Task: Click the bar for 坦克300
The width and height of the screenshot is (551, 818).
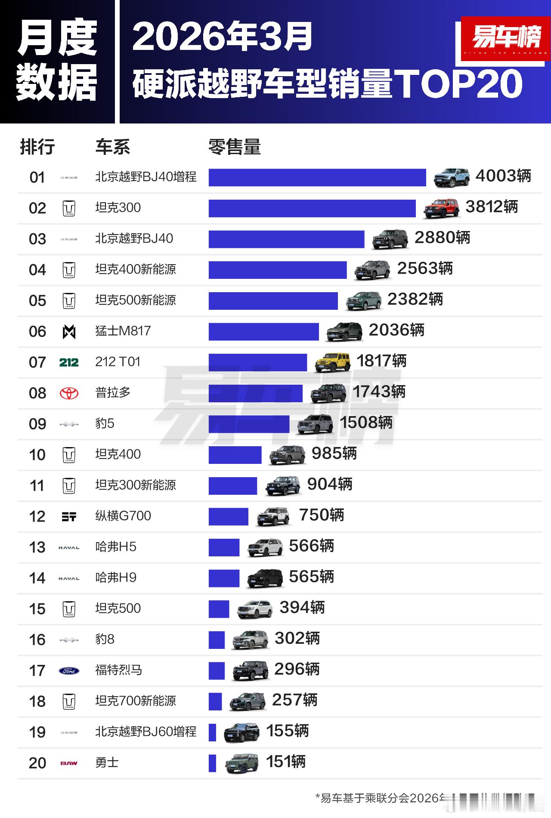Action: [x=312, y=208]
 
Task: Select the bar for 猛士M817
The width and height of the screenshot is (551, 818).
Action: [x=263, y=332]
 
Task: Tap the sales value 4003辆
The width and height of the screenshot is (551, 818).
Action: [x=503, y=176]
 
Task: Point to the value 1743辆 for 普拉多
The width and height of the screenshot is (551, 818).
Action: [x=379, y=392]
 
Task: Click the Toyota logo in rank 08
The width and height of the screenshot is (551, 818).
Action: [x=69, y=393]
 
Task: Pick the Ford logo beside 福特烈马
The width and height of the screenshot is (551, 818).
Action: [x=69, y=670]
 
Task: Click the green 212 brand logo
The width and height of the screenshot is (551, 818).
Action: [x=69, y=362]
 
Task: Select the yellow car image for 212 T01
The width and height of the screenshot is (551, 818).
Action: [x=332, y=362]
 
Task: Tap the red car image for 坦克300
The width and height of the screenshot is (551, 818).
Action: [x=441, y=208]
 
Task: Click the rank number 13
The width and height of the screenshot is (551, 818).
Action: [x=37, y=547]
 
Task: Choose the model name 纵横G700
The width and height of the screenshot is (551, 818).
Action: [x=123, y=516]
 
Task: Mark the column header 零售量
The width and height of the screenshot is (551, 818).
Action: [x=235, y=147]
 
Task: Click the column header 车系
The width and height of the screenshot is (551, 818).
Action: [x=112, y=147]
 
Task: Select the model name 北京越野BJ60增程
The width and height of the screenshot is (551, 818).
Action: [x=145, y=732]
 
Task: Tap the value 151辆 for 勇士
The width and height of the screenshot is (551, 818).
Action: [x=286, y=762]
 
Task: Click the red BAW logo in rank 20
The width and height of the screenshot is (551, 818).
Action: [x=69, y=763]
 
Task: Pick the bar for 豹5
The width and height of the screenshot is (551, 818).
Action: [x=249, y=424]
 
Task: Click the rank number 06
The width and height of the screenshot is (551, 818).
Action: [x=37, y=332]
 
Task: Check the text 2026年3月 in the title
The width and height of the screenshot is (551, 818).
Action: [x=222, y=37]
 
